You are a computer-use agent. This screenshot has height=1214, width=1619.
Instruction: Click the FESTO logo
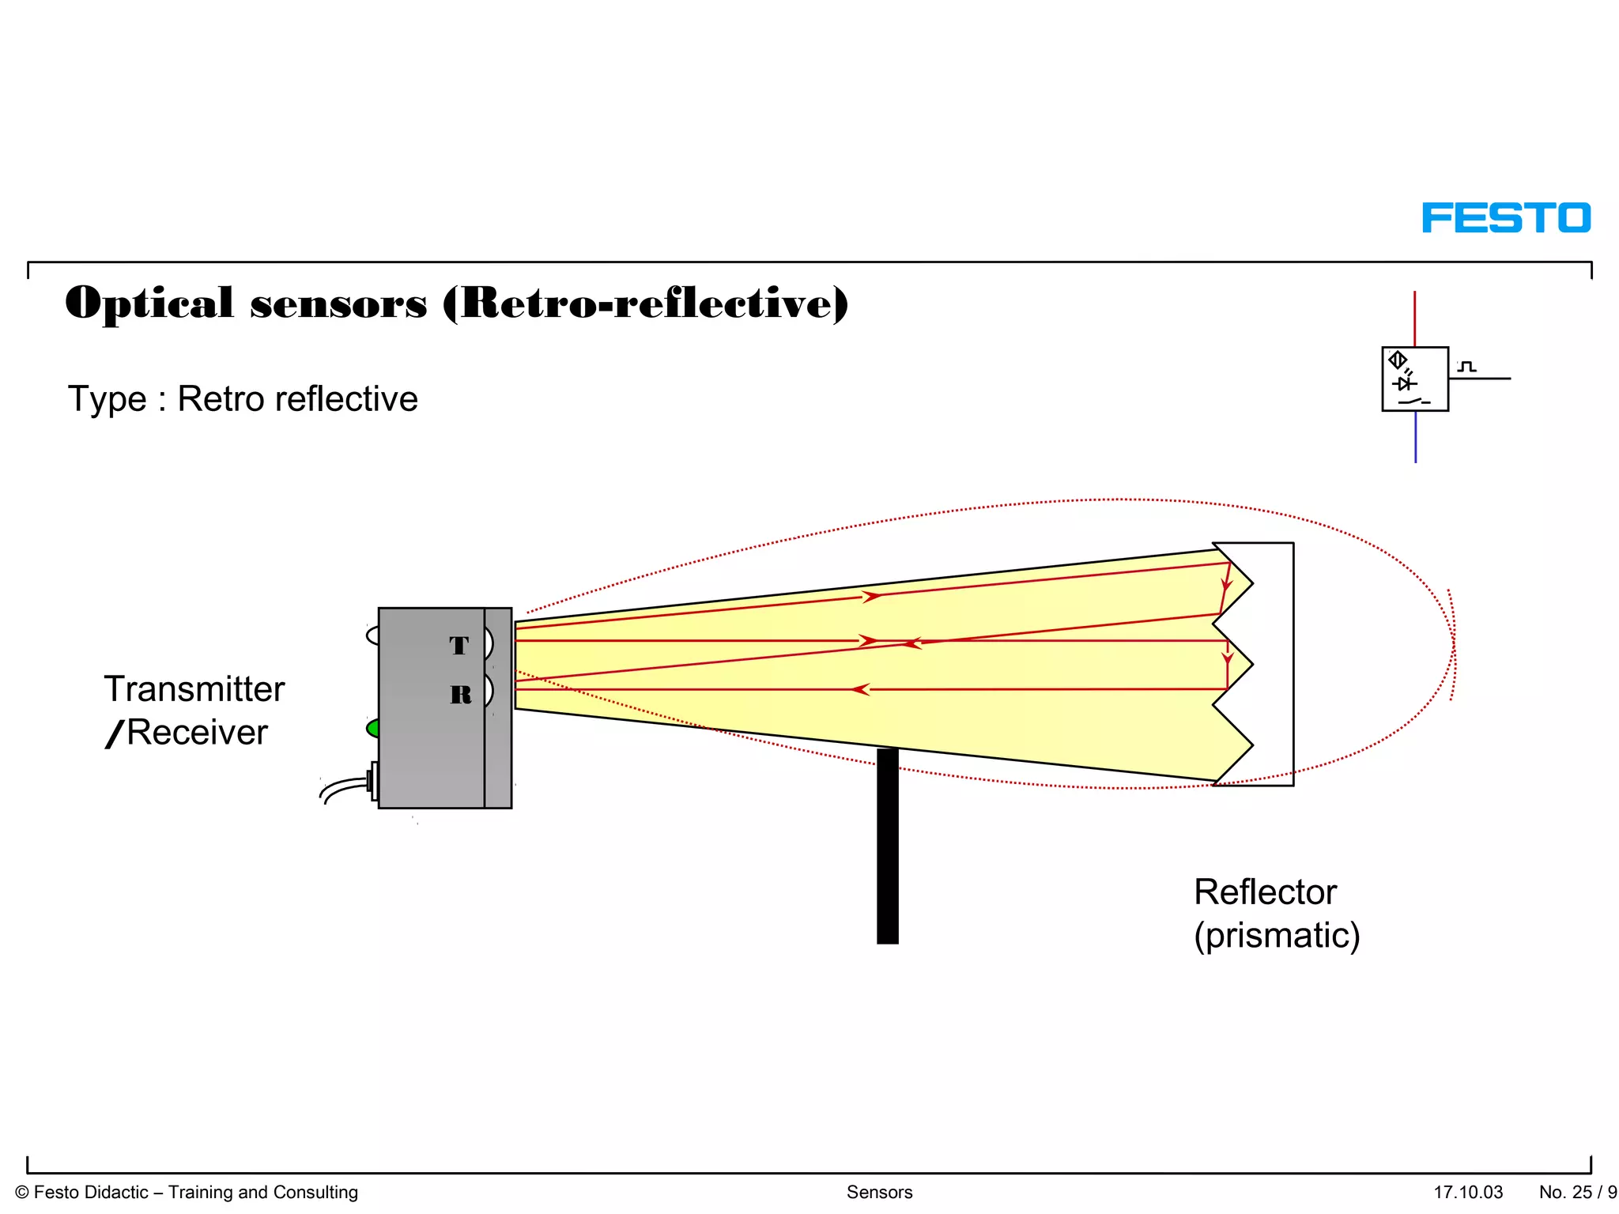click(1505, 218)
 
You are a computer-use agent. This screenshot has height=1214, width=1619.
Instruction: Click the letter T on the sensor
click(459, 646)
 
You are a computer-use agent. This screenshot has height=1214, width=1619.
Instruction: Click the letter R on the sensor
click(461, 695)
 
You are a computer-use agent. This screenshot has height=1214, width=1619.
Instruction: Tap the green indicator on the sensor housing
click(372, 728)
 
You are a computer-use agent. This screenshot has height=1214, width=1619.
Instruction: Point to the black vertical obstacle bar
click(888, 846)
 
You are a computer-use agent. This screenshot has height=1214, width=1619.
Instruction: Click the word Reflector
click(1265, 892)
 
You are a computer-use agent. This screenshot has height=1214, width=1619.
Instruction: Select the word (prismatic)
click(1277, 936)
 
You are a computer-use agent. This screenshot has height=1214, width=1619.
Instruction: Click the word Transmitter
click(194, 689)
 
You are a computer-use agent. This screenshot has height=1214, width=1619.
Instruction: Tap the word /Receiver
click(187, 733)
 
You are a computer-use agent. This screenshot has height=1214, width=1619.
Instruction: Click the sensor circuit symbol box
click(1414, 379)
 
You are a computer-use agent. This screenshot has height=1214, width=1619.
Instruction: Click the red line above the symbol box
click(1414, 318)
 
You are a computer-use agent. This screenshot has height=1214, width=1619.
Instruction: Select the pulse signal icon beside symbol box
click(1467, 367)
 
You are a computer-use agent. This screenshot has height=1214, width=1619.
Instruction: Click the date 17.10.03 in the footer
click(1468, 1192)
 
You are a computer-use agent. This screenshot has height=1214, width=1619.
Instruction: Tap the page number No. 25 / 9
click(1577, 1192)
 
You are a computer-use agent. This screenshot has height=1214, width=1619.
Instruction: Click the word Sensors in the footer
click(879, 1192)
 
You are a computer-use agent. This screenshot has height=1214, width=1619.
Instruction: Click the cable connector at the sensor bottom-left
click(372, 782)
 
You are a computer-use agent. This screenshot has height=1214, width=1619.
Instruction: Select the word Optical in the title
click(149, 304)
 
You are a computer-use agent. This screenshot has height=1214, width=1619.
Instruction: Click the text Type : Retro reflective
click(243, 399)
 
